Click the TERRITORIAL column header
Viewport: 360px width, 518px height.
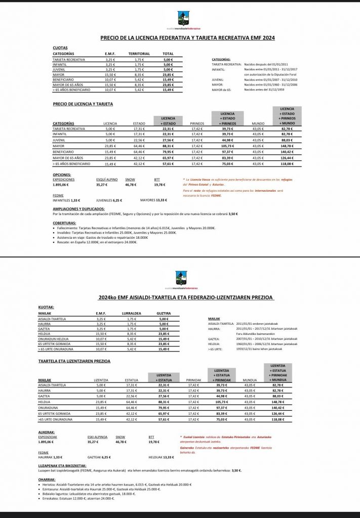click(x=139, y=54)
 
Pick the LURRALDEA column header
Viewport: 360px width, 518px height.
click(x=133, y=314)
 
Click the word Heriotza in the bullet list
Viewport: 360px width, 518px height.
click(x=51, y=484)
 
